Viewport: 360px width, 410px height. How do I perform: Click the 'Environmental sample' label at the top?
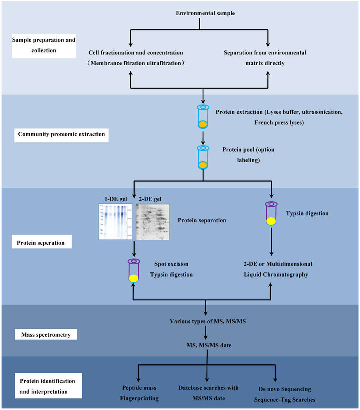[205, 13]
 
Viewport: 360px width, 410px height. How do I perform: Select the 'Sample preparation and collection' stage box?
[44, 45]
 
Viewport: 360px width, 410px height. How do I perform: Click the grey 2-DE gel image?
[153, 221]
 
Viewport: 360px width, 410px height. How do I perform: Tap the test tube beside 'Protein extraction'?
[203, 117]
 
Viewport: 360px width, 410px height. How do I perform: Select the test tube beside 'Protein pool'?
[203, 157]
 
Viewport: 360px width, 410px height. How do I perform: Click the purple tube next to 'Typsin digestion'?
[272, 213]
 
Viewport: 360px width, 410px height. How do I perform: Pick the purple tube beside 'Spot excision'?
[134, 270]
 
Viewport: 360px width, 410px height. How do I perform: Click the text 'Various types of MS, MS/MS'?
[205, 321]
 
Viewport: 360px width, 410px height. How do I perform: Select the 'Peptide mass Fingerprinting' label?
[140, 393]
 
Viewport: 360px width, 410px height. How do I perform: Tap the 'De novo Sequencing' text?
[284, 389]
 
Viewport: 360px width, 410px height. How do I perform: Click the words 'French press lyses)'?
[279, 122]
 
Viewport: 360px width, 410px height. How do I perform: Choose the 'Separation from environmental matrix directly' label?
[265, 58]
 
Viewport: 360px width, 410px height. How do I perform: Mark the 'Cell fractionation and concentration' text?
[136, 52]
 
